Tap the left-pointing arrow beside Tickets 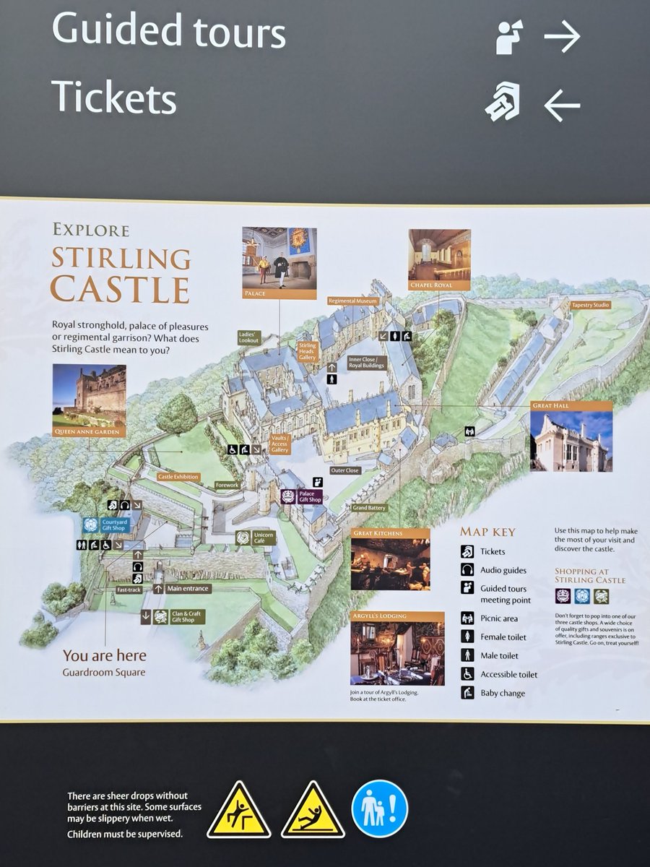point(562,105)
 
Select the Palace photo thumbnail point(279,258)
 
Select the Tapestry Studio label point(591,306)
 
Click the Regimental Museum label point(352,301)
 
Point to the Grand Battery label point(370,508)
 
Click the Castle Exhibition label point(178,477)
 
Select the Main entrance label point(188,589)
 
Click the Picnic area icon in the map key point(467,618)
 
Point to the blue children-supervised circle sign point(379,808)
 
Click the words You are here point(104,656)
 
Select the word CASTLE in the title point(120,289)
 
